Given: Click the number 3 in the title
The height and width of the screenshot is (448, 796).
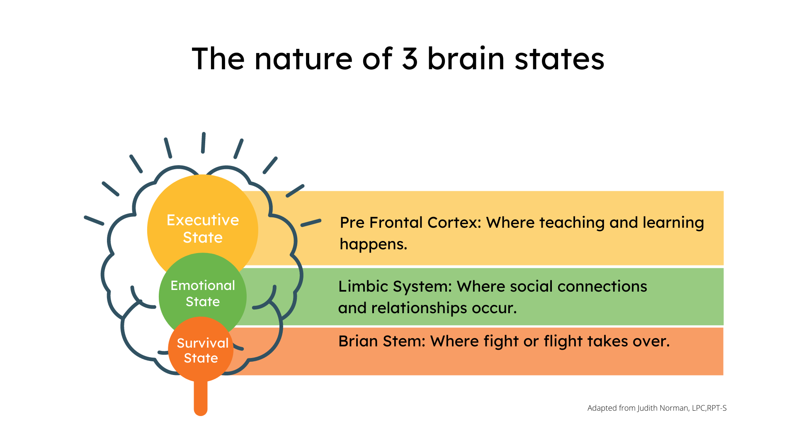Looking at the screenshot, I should coord(410,58).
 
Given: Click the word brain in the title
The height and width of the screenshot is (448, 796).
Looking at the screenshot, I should coord(466,58).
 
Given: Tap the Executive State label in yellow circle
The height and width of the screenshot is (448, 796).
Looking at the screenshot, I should coord(203,229).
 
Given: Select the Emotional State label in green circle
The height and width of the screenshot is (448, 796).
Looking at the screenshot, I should coord(203,293).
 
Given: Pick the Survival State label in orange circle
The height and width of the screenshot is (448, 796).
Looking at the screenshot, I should coord(202,351).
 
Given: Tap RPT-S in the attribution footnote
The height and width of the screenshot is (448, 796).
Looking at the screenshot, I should coord(717,408).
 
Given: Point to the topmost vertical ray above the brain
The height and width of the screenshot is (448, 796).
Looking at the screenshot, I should coord(203,143).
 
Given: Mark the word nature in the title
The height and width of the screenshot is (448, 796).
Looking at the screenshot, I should coord(303,58).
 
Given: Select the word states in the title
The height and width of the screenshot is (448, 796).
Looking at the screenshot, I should coord(559,58).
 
